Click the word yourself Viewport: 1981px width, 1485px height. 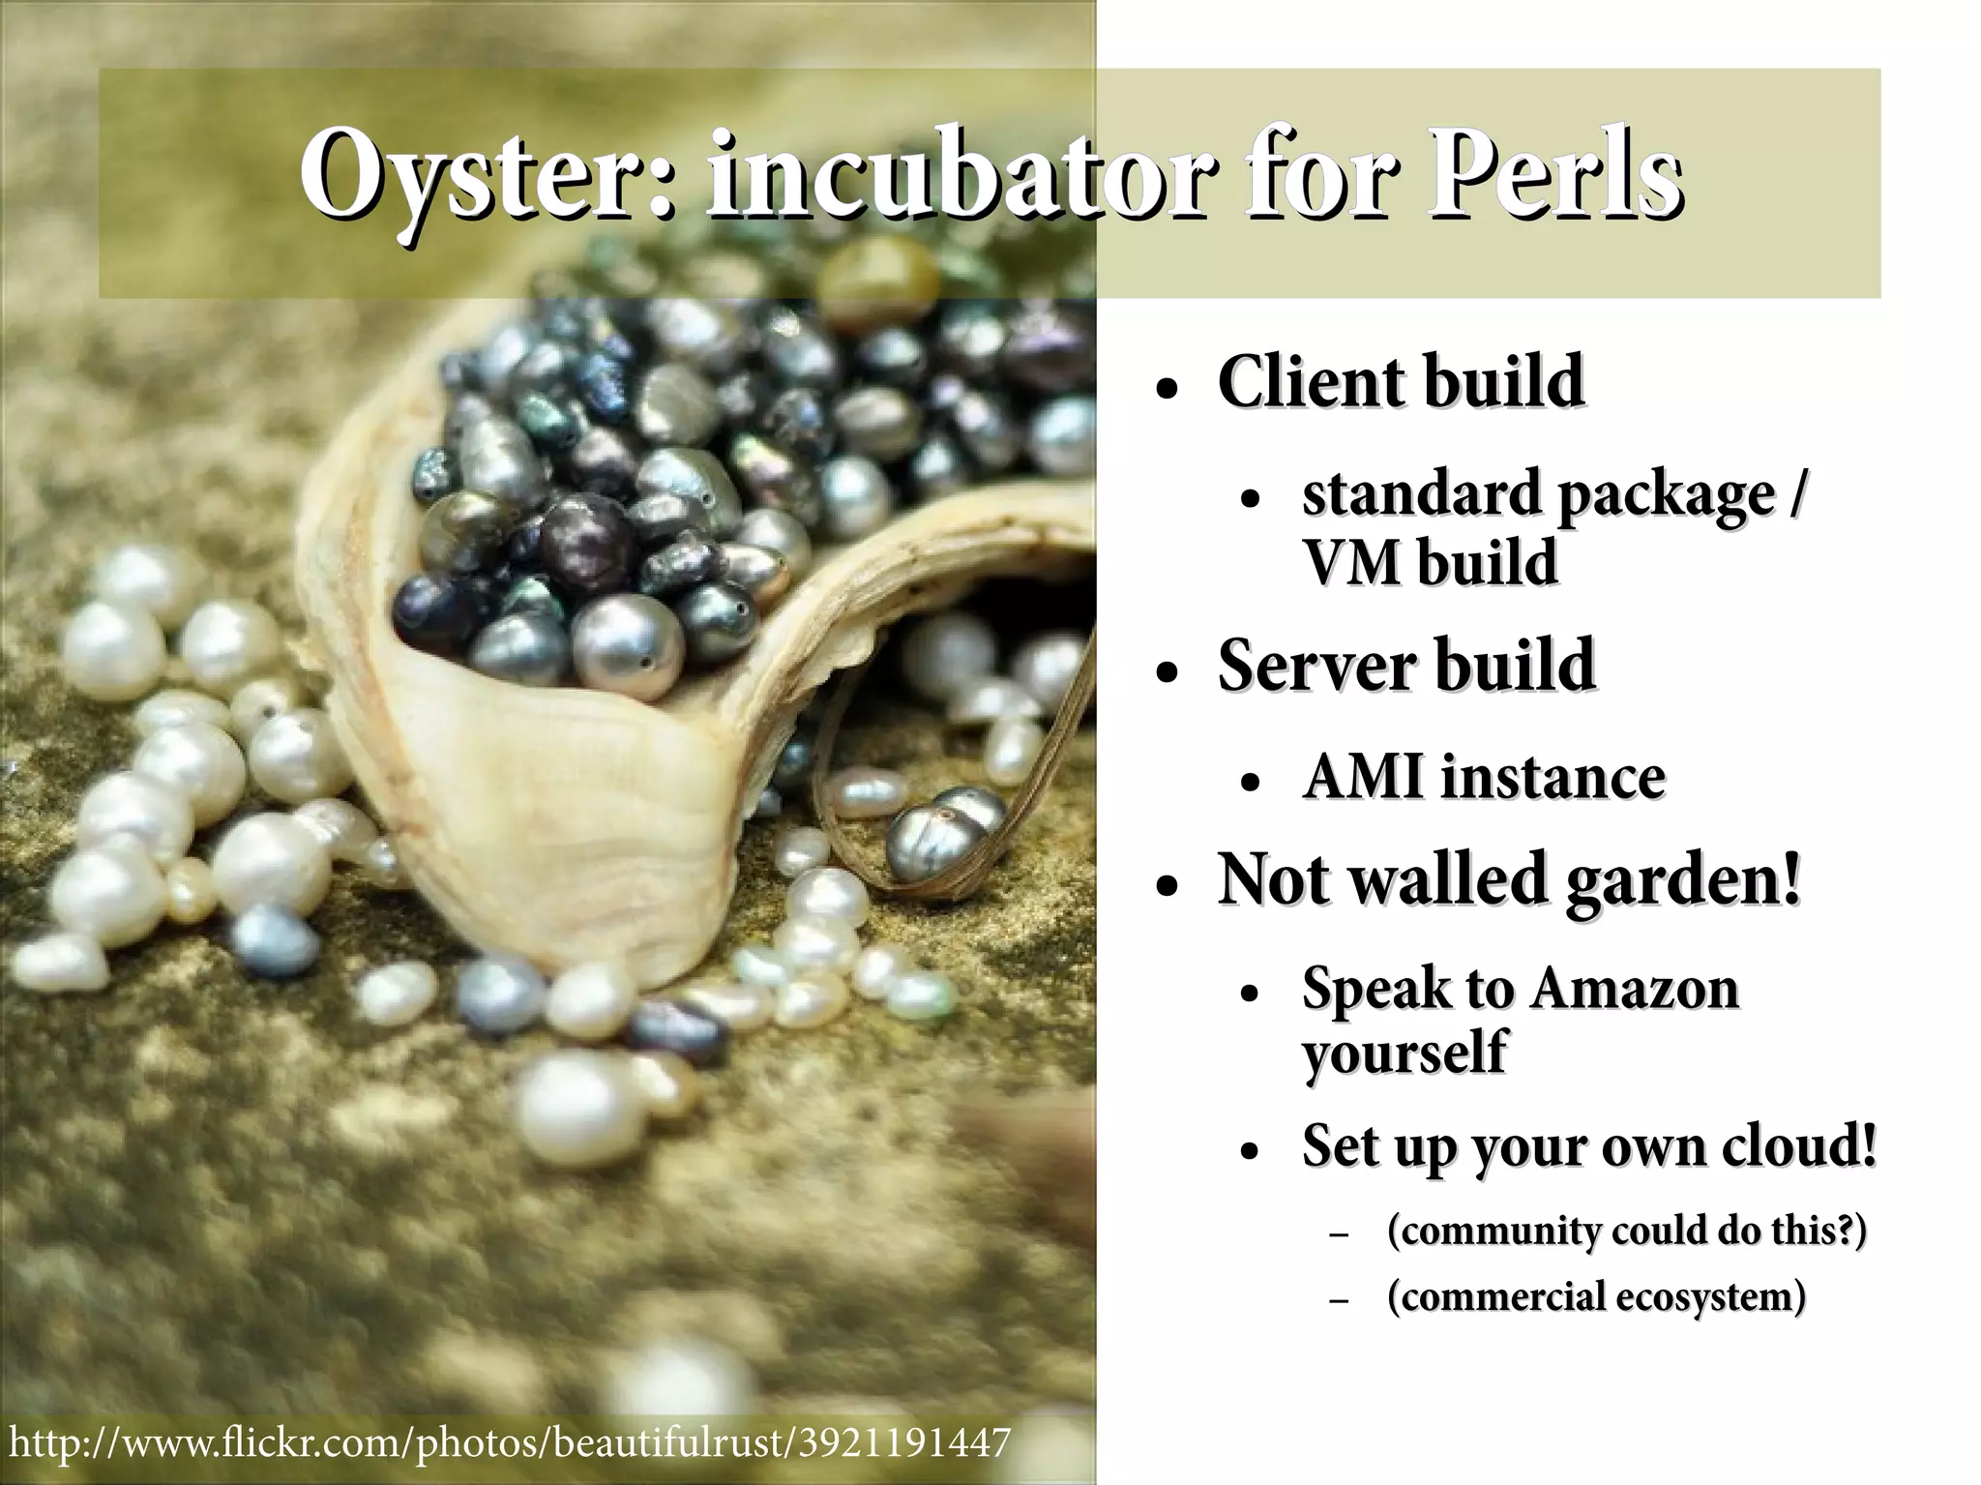1404,1053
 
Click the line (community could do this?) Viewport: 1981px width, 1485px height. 1625,1231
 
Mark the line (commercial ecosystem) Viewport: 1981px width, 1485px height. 1596,1296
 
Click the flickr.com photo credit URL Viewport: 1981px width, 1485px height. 508,1442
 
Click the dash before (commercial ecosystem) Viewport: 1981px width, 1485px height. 1339,1301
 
